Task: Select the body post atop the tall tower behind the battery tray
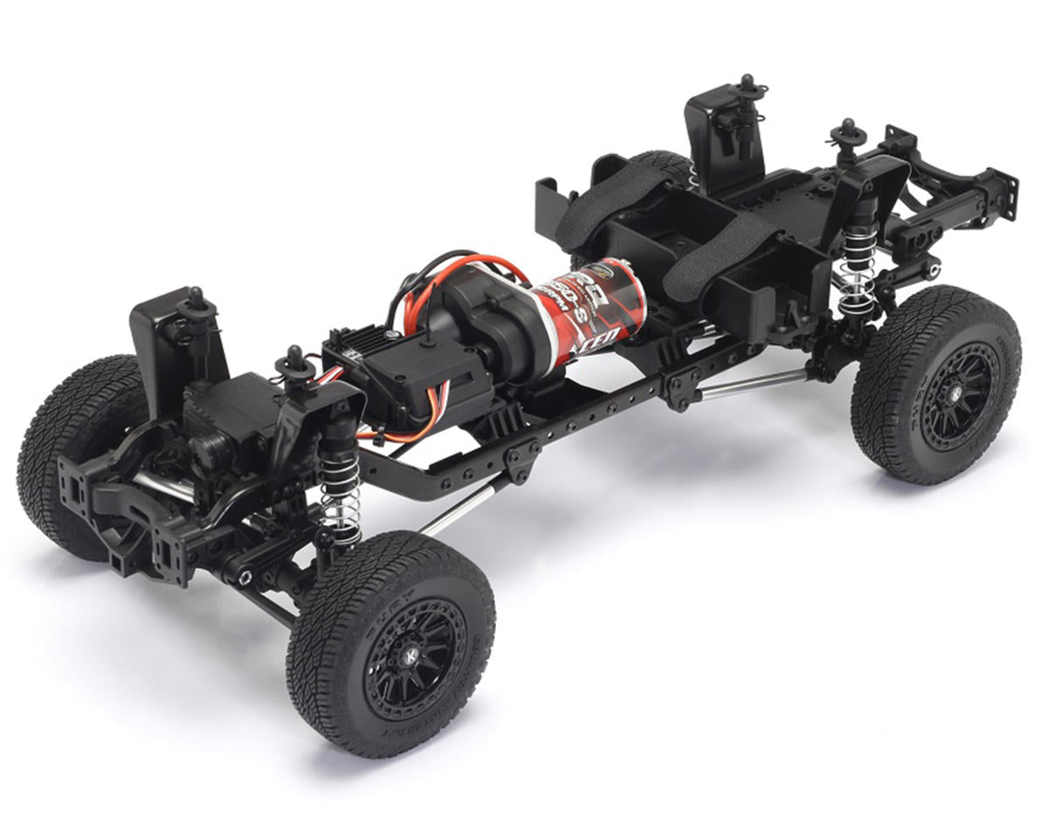click(x=747, y=85)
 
